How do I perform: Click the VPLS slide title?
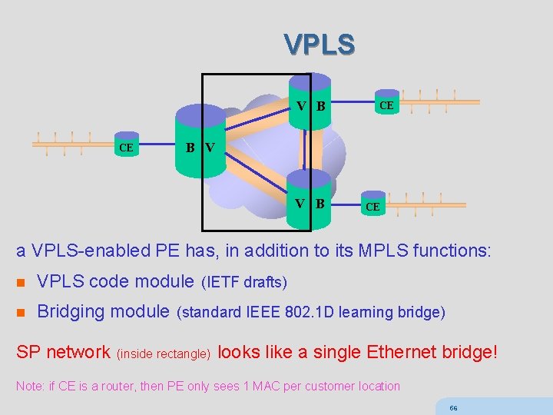pyautogui.click(x=319, y=45)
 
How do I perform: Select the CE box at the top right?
pyautogui.click(x=386, y=105)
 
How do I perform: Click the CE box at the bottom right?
pyautogui.click(x=372, y=207)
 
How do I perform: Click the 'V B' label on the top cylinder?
pyautogui.click(x=311, y=105)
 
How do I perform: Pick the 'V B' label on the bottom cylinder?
pyautogui.click(x=311, y=204)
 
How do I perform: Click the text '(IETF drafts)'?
pyautogui.click(x=243, y=283)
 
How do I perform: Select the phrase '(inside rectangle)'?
pyautogui.click(x=164, y=354)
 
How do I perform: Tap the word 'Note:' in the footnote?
pyautogui.click(x=29, y=386)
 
